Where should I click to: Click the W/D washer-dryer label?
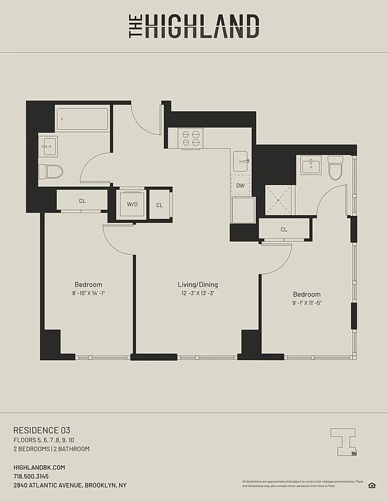point(132,204)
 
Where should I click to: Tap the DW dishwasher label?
point(240,185)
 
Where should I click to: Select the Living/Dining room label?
point(197,285)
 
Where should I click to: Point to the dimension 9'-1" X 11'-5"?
point(306,303)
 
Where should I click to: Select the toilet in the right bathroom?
point(335,168)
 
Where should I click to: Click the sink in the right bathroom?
point(310,166)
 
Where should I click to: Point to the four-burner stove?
point(190,138)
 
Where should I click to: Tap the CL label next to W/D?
point(159,205)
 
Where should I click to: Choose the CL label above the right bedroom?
point(284,230)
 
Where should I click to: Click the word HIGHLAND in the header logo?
point(202,27)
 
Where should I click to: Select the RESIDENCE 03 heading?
point(41,430)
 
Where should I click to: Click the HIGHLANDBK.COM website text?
point(39,467)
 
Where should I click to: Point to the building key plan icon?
point(344,441)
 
